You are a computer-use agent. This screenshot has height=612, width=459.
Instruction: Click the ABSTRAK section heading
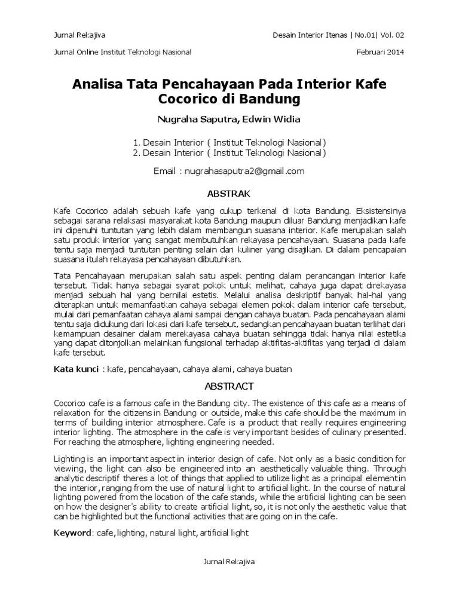tap(229, 194)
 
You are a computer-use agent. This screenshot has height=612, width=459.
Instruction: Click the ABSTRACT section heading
tap(229, 386)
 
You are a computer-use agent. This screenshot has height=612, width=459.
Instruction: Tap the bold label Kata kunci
tap(75, 369)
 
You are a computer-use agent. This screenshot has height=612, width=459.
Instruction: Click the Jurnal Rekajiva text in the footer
tap(229, 562)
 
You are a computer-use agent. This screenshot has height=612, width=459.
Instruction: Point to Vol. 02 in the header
tap(391, 35)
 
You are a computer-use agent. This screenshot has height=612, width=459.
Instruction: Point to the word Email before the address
tap(165, 171)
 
